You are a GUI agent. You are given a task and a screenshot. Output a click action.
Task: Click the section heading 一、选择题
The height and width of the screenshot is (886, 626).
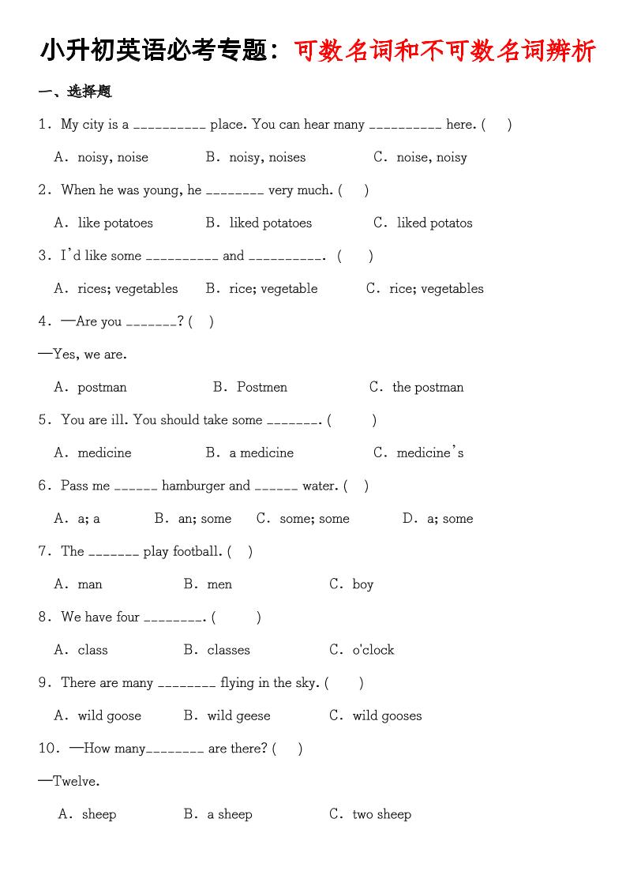[75, 92]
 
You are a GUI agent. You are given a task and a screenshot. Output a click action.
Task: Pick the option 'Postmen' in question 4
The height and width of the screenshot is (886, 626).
[261, 387]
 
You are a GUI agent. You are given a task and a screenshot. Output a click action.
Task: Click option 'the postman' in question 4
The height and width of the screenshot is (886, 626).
[428, 387]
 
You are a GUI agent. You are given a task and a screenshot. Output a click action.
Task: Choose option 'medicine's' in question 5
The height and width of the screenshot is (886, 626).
[429, 452]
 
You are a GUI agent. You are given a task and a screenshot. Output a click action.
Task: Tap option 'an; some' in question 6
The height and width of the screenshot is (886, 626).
[204, 519]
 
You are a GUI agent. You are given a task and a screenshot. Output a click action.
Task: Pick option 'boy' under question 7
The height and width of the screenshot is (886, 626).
[362, 584]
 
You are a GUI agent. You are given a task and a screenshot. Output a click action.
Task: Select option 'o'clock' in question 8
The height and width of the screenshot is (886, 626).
[373, 650]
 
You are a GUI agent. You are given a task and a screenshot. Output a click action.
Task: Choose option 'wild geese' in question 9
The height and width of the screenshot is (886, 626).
[238, 715]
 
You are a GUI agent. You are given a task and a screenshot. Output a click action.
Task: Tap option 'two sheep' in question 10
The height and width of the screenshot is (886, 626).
[381, 814]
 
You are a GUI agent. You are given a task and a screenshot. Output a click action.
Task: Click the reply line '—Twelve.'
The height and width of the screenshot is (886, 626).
[69, 781]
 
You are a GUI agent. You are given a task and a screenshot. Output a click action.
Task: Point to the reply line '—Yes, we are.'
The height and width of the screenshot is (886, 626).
[82, 354]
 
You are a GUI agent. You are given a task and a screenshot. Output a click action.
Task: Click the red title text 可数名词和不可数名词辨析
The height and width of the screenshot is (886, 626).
[445, 51]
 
